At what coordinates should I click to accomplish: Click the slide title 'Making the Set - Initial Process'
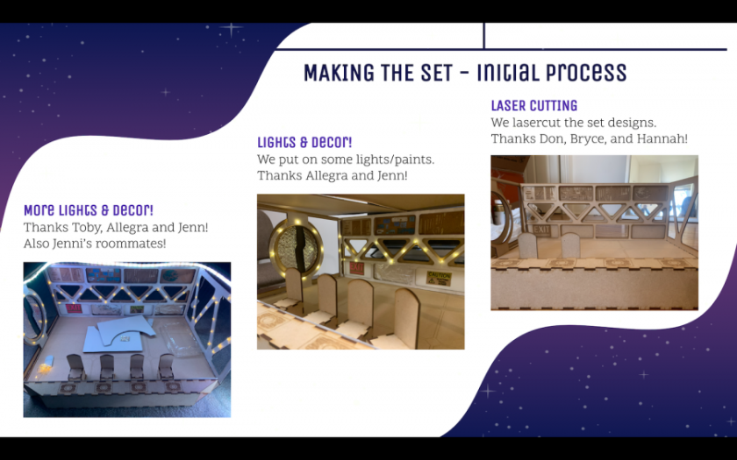tap(465, 72)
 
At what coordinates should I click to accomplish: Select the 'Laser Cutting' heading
tap(534, 105)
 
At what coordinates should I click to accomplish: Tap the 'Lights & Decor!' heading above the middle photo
tap(304, 142)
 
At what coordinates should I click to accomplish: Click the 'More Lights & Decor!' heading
tap(89, 209)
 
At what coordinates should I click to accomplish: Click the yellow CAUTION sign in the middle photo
tap(439, 278)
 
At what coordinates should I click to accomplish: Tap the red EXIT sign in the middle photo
tap(357, 268)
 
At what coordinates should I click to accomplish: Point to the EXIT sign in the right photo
tap(541, 230)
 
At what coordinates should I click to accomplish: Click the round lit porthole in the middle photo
tap(297, 247)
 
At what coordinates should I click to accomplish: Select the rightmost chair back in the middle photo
tap(407, 316)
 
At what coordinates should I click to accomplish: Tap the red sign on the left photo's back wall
tap(74, 308)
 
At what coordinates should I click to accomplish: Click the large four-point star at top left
tap(231, 30)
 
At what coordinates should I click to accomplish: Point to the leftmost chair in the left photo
tap(75, 367)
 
